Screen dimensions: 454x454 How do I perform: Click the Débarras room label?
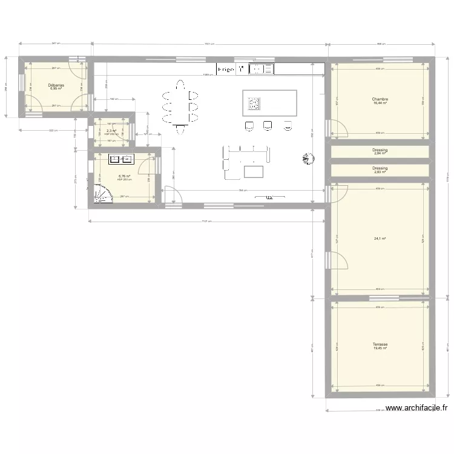tap(56, 86)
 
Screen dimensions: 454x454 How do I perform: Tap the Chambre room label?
tap(380, 100)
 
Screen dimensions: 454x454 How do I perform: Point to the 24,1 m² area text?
tap(380, 239)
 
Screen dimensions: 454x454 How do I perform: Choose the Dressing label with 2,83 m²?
tap(380, 169)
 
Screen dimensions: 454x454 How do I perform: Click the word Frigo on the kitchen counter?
tap(226, 70)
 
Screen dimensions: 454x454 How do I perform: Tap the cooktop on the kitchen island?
tap(254, 104)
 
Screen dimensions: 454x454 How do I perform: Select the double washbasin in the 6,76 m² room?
tap(121, 160)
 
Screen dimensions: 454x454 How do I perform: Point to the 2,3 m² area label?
tap(111, 131)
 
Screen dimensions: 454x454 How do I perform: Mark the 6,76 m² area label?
tap(123, 177)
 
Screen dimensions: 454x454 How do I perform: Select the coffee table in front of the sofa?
tap(254, 171)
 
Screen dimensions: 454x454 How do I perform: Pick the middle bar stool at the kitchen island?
tap(268, 125)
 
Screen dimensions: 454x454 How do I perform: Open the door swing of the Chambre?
tap(338, 128)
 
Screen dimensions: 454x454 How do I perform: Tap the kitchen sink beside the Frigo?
tap(262, 70)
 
